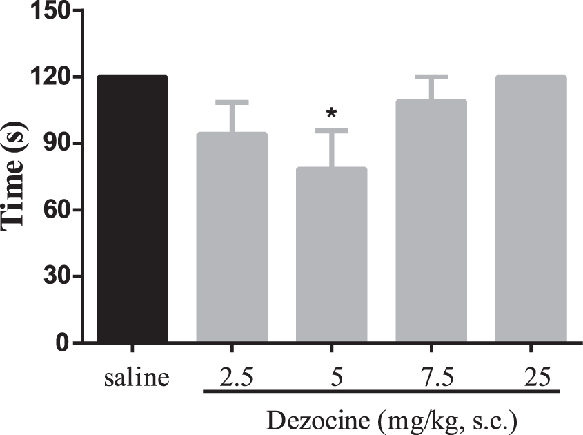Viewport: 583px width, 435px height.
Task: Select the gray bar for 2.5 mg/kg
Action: [x=232, y=238]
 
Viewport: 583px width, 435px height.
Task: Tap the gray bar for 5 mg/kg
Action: [x=331, y=255]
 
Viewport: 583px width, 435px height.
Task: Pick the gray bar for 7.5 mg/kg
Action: [x=431, y=221]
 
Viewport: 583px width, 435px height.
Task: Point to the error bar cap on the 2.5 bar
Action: [x=232, y=103]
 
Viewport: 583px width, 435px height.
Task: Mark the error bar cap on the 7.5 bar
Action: [x=431, y=77]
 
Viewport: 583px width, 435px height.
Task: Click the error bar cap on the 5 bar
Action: [x=331, y=130]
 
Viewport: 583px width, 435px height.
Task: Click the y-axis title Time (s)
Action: [x=15, y=177]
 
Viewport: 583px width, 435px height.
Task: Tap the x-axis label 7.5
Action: [x=431, y=378]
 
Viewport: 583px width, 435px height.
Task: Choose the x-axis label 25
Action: [x=530, y=378]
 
